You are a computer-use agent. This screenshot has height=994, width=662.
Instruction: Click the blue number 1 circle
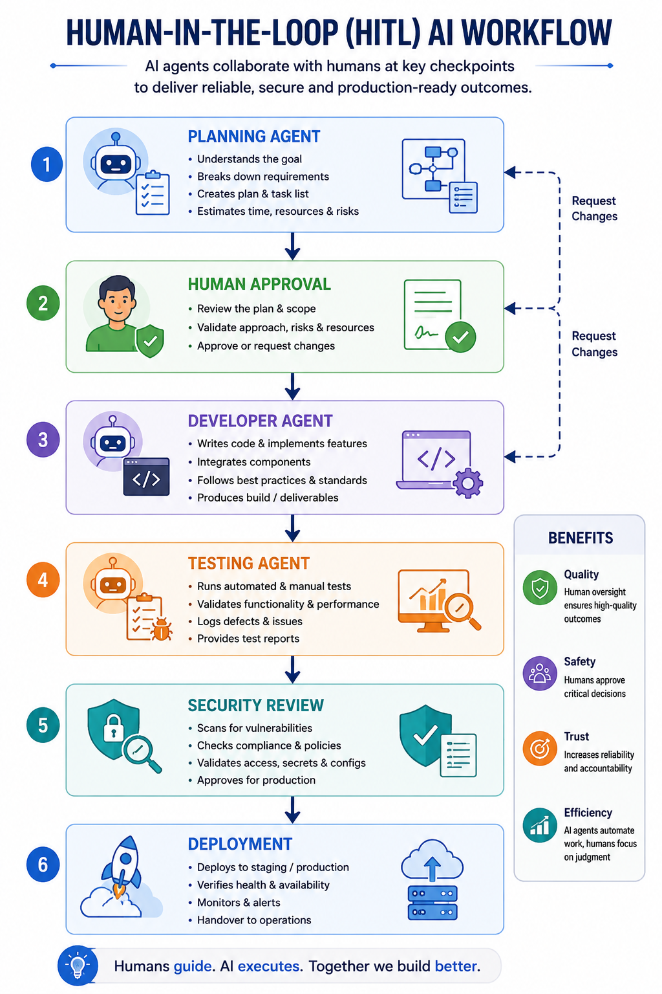(47, 164)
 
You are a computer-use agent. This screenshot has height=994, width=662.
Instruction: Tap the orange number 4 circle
(43, 580)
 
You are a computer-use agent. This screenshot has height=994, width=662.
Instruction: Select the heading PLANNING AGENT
(253, 137)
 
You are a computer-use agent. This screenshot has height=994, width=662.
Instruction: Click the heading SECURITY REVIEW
(255, 705)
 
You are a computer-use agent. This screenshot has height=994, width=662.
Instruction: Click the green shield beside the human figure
(151, 341)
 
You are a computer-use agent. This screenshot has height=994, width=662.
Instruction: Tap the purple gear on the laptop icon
(468, 482)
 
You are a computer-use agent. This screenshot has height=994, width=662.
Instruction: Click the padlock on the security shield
(114, 727)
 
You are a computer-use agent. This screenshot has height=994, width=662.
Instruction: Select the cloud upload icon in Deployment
(432, 860)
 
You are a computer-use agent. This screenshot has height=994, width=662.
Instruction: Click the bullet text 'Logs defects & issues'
(250, 621)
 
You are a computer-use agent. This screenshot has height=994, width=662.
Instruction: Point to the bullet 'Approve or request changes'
(266, 346)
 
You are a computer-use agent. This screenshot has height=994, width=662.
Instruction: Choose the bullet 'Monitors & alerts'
(239, 903)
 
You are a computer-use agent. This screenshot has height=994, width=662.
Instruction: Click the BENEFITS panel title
(581, 538)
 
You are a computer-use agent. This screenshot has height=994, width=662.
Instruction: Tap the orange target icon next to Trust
(540, 749)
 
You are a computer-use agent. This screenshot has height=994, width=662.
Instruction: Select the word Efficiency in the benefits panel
(588, 813)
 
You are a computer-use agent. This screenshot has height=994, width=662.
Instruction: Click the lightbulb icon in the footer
(78, 966)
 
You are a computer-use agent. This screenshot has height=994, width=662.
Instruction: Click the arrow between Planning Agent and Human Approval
(292, 246)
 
